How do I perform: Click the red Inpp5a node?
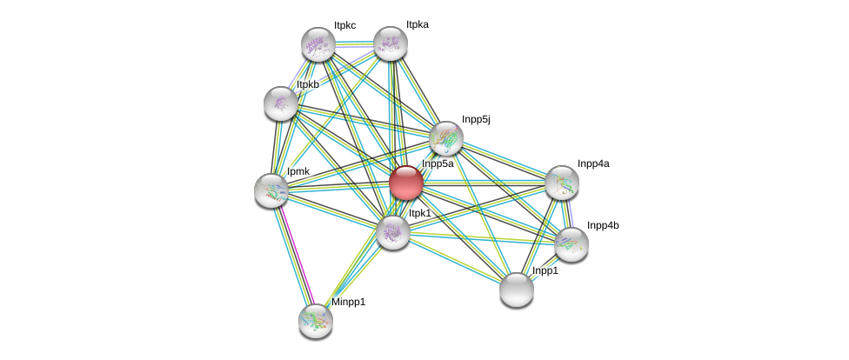click(x=405, y=183)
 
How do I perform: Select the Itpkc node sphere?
click(x=318, y=44)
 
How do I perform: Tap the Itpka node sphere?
click(x=390, y=43)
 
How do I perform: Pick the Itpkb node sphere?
click(x=280, y=103)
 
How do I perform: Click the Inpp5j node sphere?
click(x=446, y=137)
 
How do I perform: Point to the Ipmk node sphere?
click(x=271, y=190)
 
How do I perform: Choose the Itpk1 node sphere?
click(x=392, y=231)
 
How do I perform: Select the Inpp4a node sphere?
click(x=562, y=182)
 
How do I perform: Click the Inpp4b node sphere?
click(x=572, y=244)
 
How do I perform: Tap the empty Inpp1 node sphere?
click(x=517, y=290)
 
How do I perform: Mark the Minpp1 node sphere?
click(x=315, y=320)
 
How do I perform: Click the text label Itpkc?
click(x=345, y=26)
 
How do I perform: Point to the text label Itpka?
click(x=417, y=25)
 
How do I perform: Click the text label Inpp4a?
click(x=593, y=163)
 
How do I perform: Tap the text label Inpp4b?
click(x=602, y=226)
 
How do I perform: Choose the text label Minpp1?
click(x=348, y=303)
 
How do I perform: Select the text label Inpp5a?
click(x=438, y=163)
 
